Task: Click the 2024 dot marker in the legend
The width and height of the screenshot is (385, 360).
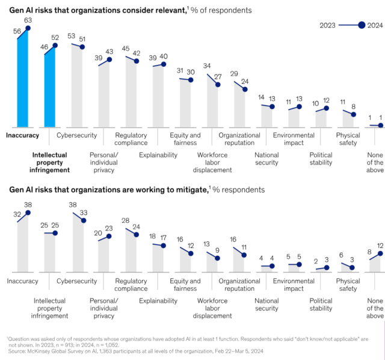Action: [362, 25]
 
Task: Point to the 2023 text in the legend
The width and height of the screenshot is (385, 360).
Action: [328, 25]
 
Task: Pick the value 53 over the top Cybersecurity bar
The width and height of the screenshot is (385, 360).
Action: [72, 36]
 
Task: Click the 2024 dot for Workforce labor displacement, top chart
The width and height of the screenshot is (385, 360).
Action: [218, 85]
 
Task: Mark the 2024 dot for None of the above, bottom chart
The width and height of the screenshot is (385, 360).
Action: [380, 254]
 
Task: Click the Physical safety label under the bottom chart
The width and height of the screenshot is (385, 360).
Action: [348, 285]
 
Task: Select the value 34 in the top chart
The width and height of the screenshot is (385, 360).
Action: [207, 66]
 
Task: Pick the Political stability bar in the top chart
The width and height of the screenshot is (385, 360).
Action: [321, 119]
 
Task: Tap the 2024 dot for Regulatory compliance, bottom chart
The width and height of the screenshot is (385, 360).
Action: [137, 235]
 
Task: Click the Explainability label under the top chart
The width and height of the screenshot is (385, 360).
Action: [158, 155]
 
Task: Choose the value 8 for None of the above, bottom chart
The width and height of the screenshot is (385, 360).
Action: [369, 252]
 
